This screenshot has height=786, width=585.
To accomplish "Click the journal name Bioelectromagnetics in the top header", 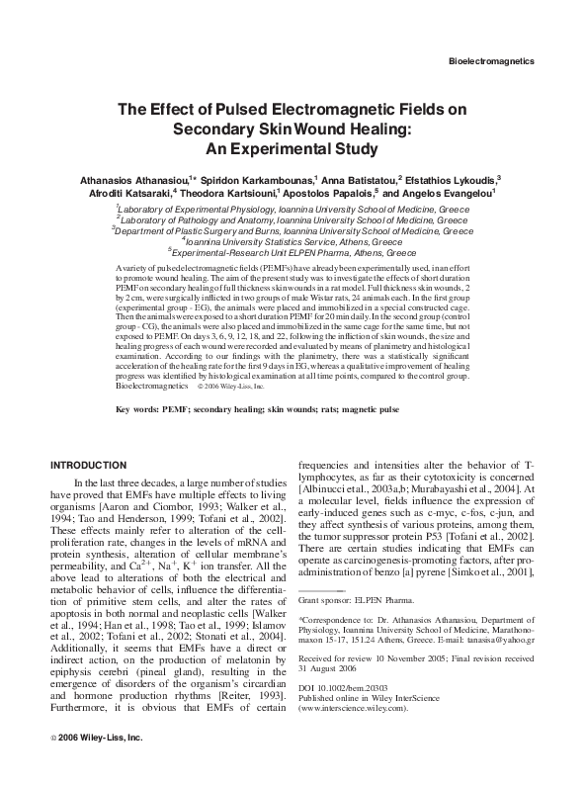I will click(x=491, y=60).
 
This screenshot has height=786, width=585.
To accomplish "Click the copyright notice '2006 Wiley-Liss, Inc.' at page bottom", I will click(x=101, y=765).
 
